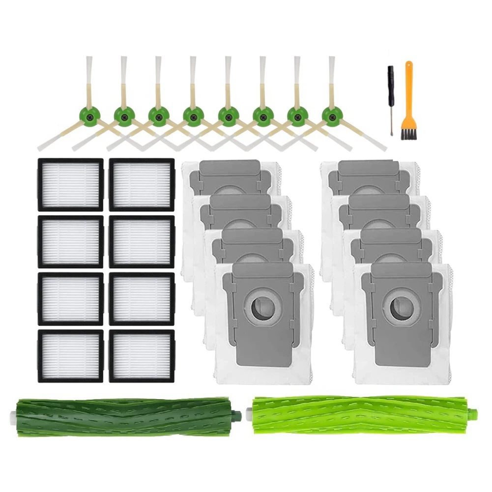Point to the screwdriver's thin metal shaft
392,118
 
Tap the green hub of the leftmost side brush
87,116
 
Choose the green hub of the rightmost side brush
330,116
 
